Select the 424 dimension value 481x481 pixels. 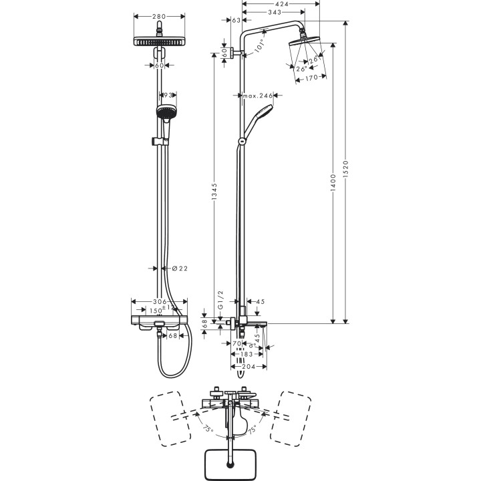(281, 3)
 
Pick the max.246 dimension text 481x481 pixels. (259, 96)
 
